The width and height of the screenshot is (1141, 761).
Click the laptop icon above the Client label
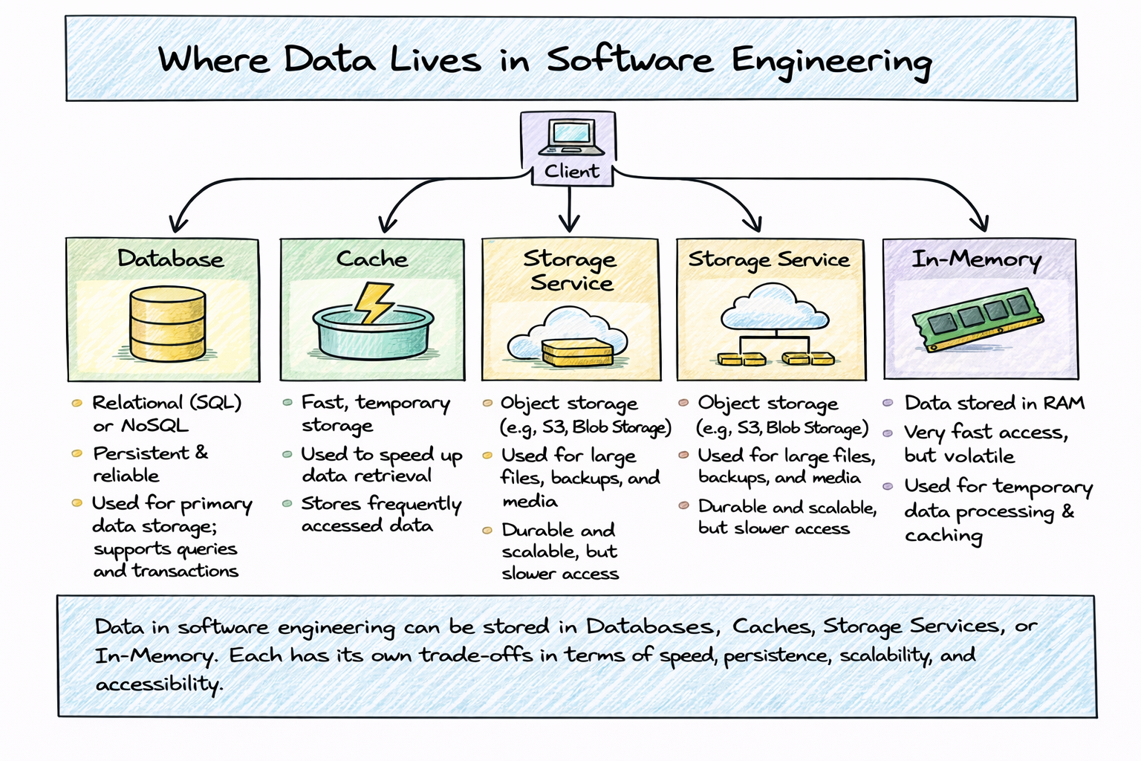pos(571,137)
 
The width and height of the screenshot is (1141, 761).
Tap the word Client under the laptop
pos(571,171)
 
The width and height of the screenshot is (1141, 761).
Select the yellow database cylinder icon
pos(168,323)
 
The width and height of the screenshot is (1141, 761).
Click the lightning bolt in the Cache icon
pos(374,302)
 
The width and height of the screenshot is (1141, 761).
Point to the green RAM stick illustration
pos(978,320)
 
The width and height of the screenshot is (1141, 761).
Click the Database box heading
pos(171,259)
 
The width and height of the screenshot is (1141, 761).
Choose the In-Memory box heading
pos(977,260)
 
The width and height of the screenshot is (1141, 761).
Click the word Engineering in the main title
pos(832,62)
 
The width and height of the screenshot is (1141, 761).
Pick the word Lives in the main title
pos(435,59)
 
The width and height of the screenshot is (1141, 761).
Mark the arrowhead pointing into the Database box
pos(178,224)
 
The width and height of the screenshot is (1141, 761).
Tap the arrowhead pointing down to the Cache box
pos(388,224)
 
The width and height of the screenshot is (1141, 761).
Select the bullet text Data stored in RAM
pos(995,404)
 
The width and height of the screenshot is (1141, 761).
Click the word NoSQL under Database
pos(155,426)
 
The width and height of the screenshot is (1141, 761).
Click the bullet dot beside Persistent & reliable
pos(77,453)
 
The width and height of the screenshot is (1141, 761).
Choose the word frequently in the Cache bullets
pos(414,504)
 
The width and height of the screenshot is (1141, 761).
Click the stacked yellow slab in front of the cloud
pos(578,353)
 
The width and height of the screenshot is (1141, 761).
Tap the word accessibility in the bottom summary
pos(160,684)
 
